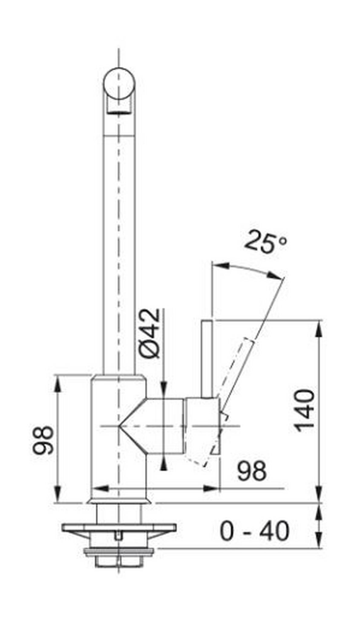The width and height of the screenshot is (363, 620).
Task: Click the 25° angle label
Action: (265, 242)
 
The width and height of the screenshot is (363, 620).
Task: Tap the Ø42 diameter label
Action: (149, 333)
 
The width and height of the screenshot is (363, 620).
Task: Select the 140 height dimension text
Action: (305, 411)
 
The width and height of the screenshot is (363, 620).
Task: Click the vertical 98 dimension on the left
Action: (43, 440)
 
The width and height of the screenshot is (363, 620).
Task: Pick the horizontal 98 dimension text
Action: (252, 471)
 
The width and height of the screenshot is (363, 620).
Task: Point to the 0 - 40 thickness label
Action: (254, 531)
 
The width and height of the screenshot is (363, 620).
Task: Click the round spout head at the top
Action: (119, 84)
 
